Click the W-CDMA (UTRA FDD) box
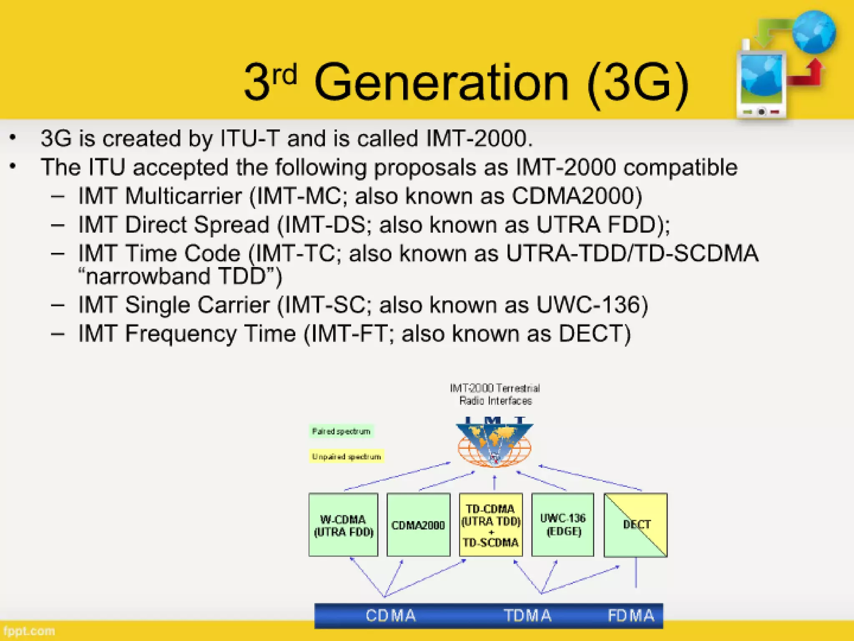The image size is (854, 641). [x=343, y=525]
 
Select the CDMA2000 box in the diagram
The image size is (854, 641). [x=418, y=525]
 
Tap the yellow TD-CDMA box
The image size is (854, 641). [x=491, y=525]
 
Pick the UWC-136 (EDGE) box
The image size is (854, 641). [x=563, y=525]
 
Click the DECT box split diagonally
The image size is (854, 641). [x=635, y=525]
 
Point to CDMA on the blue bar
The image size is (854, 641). [x=391, y=616]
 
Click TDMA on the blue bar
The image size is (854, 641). [x=527, y=616]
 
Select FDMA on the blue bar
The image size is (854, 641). [x=631, y=616]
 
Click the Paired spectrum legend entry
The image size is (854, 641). [x=341, y=431]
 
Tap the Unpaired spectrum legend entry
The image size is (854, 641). [x=346, y=457]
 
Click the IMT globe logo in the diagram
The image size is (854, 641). [x=494, y=444]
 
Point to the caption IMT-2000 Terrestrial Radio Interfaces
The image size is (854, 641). [x=495, y=394]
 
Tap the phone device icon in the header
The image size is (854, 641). [x=761, y=83]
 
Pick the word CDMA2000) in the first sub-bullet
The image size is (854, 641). [x=577, y=196]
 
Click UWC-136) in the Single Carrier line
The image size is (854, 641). [x=592, y=305]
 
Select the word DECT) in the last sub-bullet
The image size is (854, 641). [x=595, y=333]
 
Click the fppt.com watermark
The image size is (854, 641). [x=29, y=631]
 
